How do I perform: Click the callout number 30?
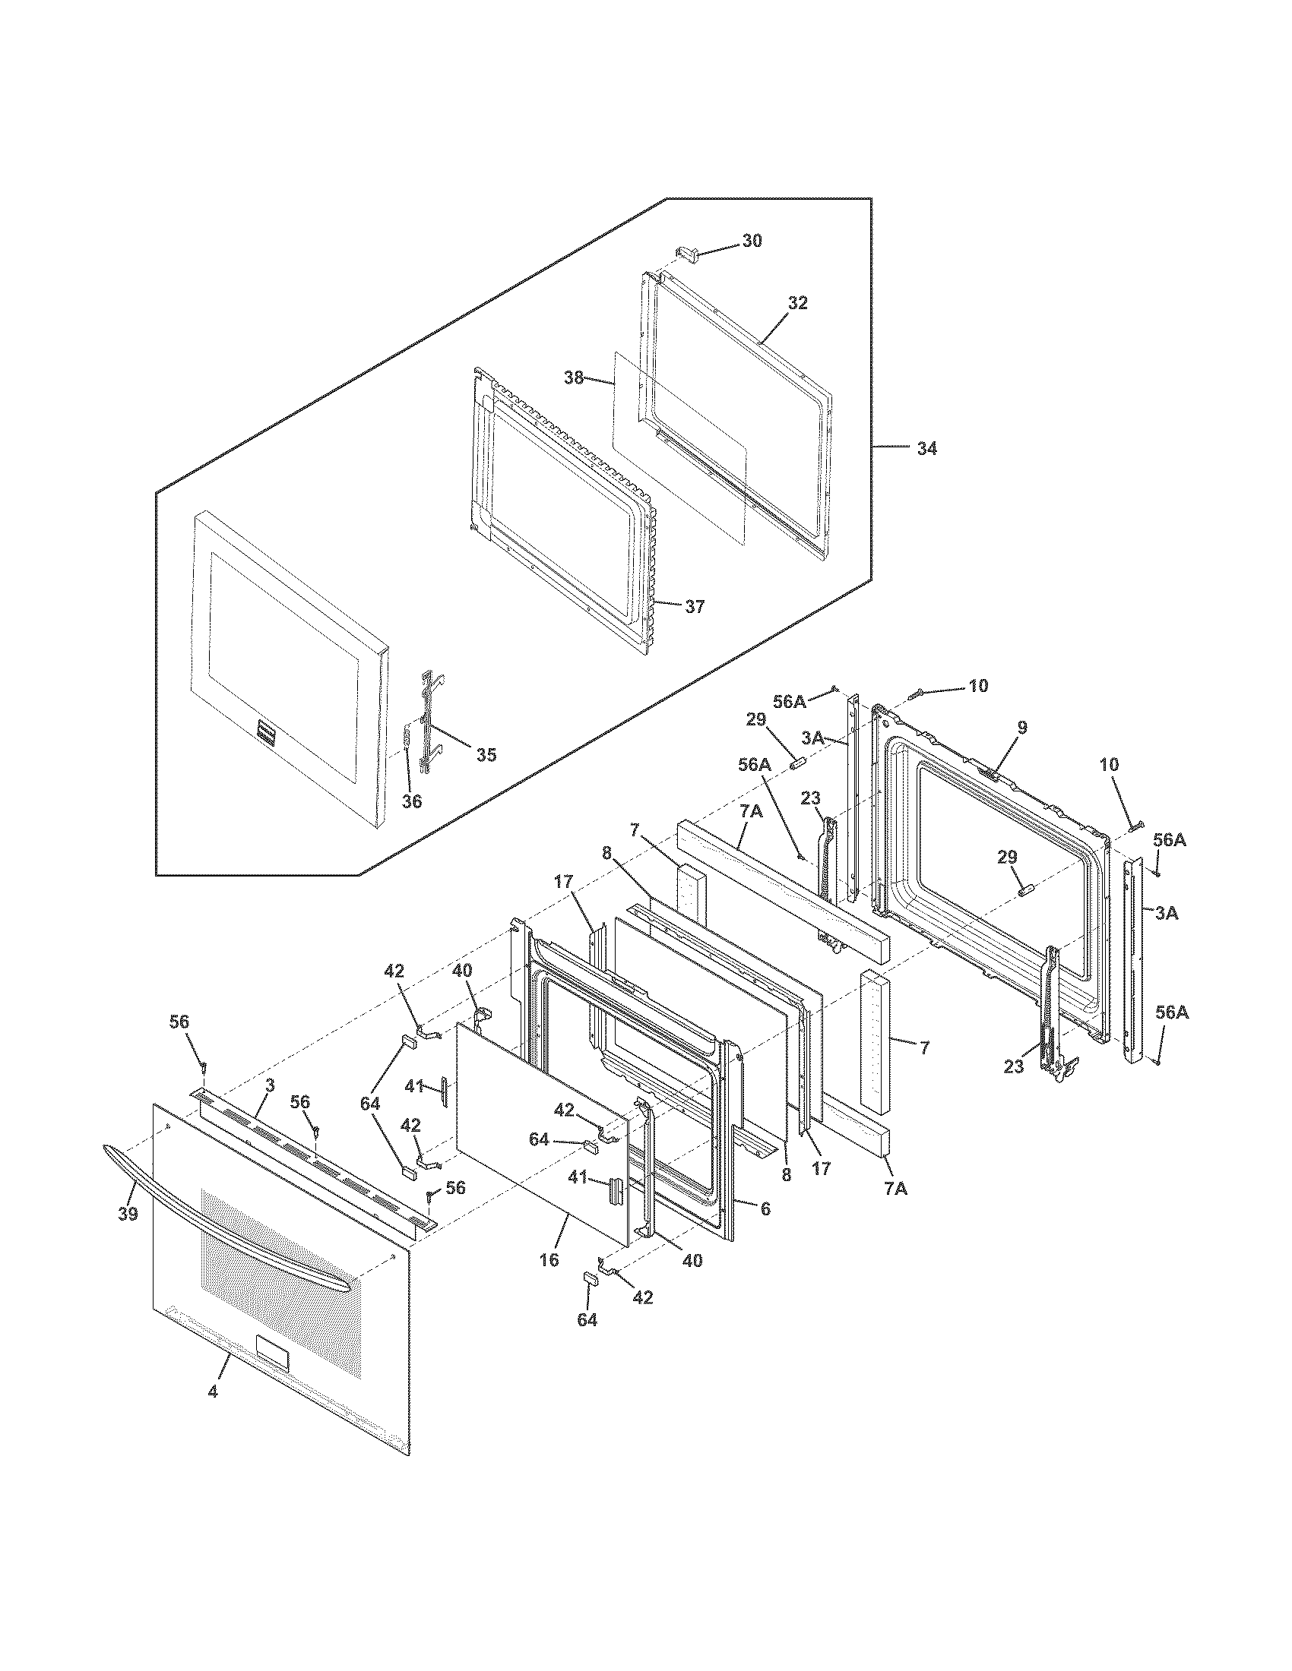(752, 240)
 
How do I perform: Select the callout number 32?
(797, 303)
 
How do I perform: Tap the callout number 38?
(574, 377)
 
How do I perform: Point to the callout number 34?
(926, 449)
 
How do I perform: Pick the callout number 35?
(486, 755)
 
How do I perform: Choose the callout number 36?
(412, 802)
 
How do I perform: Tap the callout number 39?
(128, 1214)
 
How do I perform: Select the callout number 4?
(213, 1391)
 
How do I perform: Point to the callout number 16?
(549, 1259)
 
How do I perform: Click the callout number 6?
(765, 1208)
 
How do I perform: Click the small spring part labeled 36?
(407, 741)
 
